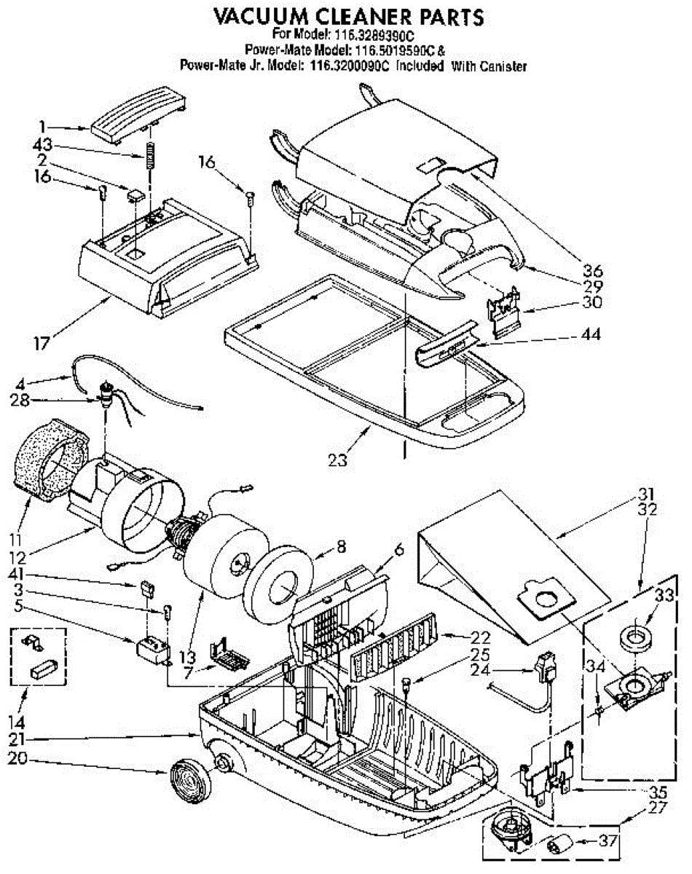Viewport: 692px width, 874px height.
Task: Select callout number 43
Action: pyautogui.click(x=42, y=144)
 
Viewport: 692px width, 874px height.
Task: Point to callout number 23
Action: pyautogui.click(x=338, y=460)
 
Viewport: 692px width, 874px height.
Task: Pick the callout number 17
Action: pyautogui.click(x=42, y=344)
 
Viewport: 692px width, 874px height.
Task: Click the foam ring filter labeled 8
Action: pyautogui.click(x=279, y=582)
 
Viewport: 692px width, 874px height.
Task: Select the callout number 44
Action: pyautogui.click(x=591, y=334)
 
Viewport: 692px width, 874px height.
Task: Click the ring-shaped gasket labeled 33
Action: pyautogui.click(x=636, y=637)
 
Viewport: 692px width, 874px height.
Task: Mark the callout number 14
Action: pyautogui.click(x=17, y=723)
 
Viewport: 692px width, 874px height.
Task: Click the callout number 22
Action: pyautogui.click(x=480, y=637)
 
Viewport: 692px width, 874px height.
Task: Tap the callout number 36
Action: pyautogui.click(x=593, y=270)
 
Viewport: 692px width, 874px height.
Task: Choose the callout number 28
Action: pyautogui.click(x=20, y=401)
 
